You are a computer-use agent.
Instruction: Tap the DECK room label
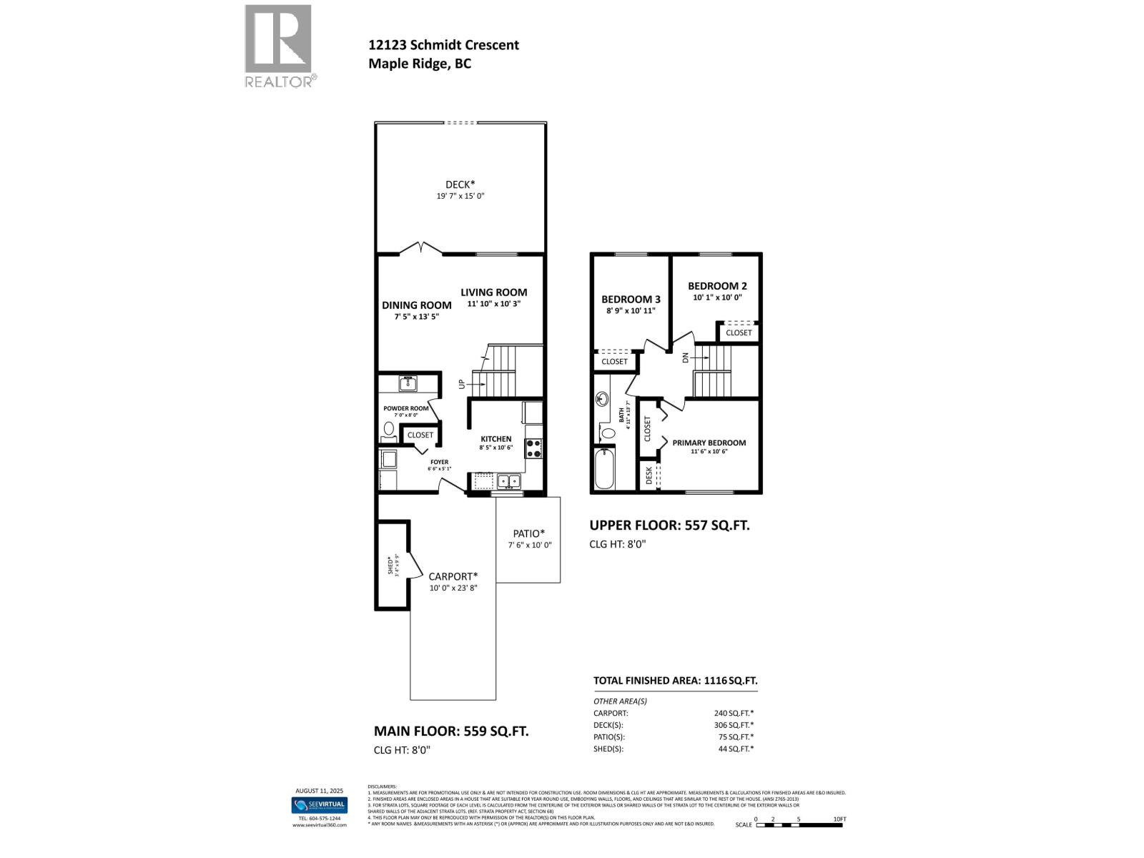point(460,184)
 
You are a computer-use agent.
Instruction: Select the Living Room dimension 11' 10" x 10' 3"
point(493,304)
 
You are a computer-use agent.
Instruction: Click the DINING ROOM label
point(416,305)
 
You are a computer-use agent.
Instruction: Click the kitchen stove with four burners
point(533,448)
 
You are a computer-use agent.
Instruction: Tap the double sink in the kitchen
point(508,481)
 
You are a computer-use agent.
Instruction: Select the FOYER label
point(439,462)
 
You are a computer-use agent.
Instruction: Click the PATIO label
point(528,533)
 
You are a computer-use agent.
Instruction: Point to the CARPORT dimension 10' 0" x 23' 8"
point(453,588)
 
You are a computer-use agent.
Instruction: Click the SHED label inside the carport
point(390,565)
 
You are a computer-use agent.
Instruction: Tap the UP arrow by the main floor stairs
point(462,384)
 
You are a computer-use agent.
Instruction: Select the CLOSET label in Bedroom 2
point(739,332)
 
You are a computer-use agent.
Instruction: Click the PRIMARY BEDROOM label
point(709,443)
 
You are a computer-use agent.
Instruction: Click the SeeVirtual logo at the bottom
point(319,805)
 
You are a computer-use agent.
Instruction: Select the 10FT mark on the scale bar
point(839,819)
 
